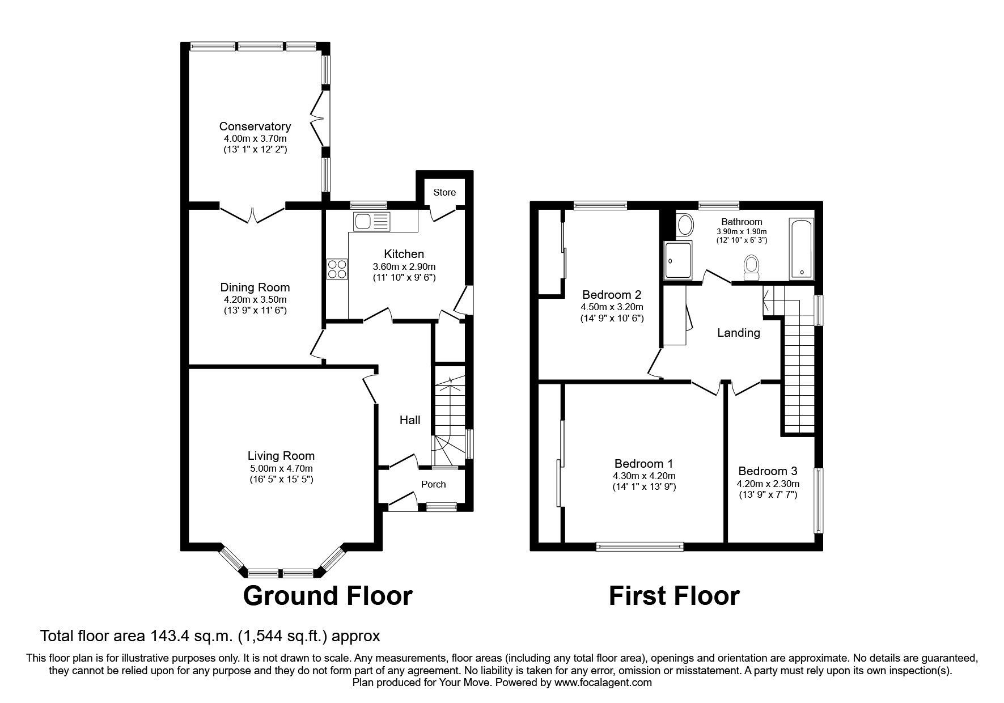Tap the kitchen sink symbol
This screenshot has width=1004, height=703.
pos(371,221)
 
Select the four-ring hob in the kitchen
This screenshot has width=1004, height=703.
pos(337,269)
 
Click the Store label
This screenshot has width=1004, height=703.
pos(444,192)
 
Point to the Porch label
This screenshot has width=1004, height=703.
pos(433,484)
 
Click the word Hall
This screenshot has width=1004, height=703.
pos(410,420)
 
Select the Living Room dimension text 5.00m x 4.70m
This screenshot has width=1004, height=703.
pos(281,468)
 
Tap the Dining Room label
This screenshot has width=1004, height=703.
pos(255,287)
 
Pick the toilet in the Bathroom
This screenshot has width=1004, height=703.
pos(752,267)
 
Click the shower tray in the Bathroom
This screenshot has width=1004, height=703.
pos(678,260)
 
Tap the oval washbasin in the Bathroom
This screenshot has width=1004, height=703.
pos(685,225)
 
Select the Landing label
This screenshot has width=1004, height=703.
pos(738,333)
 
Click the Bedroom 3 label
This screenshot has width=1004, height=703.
pos(768,471)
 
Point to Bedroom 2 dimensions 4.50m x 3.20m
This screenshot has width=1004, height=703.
pos(612,307)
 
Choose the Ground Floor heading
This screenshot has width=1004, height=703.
pos(328,596)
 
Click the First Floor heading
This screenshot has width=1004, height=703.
pos(673,596)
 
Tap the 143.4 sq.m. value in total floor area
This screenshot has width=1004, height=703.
pos(190,636)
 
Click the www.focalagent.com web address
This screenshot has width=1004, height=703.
pos(603,683)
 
